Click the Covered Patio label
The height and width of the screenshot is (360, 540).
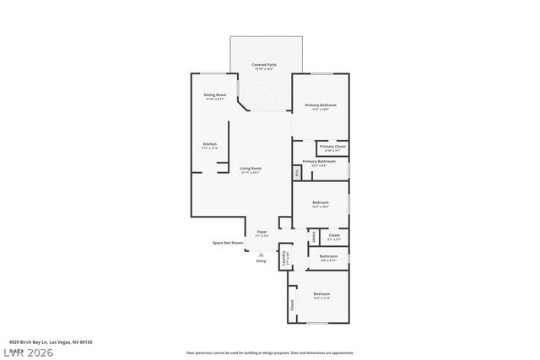[x=266, y=65]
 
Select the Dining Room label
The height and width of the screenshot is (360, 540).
[x=214, y=95]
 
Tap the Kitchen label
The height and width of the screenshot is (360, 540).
[x=209, y=144]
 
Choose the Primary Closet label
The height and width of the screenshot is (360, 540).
[x=332, y=148]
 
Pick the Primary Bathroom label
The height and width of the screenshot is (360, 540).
[x=319, y=161]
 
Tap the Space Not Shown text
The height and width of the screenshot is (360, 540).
[x=228, y=243]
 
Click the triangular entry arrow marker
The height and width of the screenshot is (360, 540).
[x=261, y=253]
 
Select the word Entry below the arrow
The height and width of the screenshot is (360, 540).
[x=261, y=261]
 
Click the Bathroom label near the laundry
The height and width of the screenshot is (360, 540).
[x=328, y=256]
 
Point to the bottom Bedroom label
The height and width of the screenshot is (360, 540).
[x=321, y=294]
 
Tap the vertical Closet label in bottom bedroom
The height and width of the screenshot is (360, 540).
[x=292, y=305]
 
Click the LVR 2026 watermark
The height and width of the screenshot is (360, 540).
[x=27, y=350]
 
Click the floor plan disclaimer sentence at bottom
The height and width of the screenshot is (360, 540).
[x=270, y=352]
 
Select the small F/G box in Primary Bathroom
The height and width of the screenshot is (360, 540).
[x=296, y=174]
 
